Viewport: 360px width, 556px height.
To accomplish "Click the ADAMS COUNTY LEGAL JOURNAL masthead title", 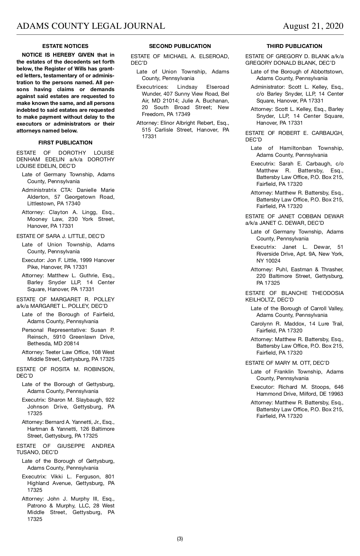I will pos(91,26).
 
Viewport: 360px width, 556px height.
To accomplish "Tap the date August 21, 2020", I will pos(313,26).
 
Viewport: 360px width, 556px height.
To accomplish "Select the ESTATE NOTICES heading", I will pos(65,46).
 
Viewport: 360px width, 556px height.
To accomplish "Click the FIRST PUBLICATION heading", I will pos(65,143).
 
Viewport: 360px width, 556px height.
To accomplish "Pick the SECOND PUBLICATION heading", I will pos(180,46).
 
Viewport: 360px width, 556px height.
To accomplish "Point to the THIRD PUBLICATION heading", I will pos(294,46).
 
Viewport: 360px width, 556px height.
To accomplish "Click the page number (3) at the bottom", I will pos(180,539).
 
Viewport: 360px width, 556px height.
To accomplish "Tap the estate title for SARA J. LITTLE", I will pos(61,236).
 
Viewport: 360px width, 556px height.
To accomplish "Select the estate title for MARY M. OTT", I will pos(287,363).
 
